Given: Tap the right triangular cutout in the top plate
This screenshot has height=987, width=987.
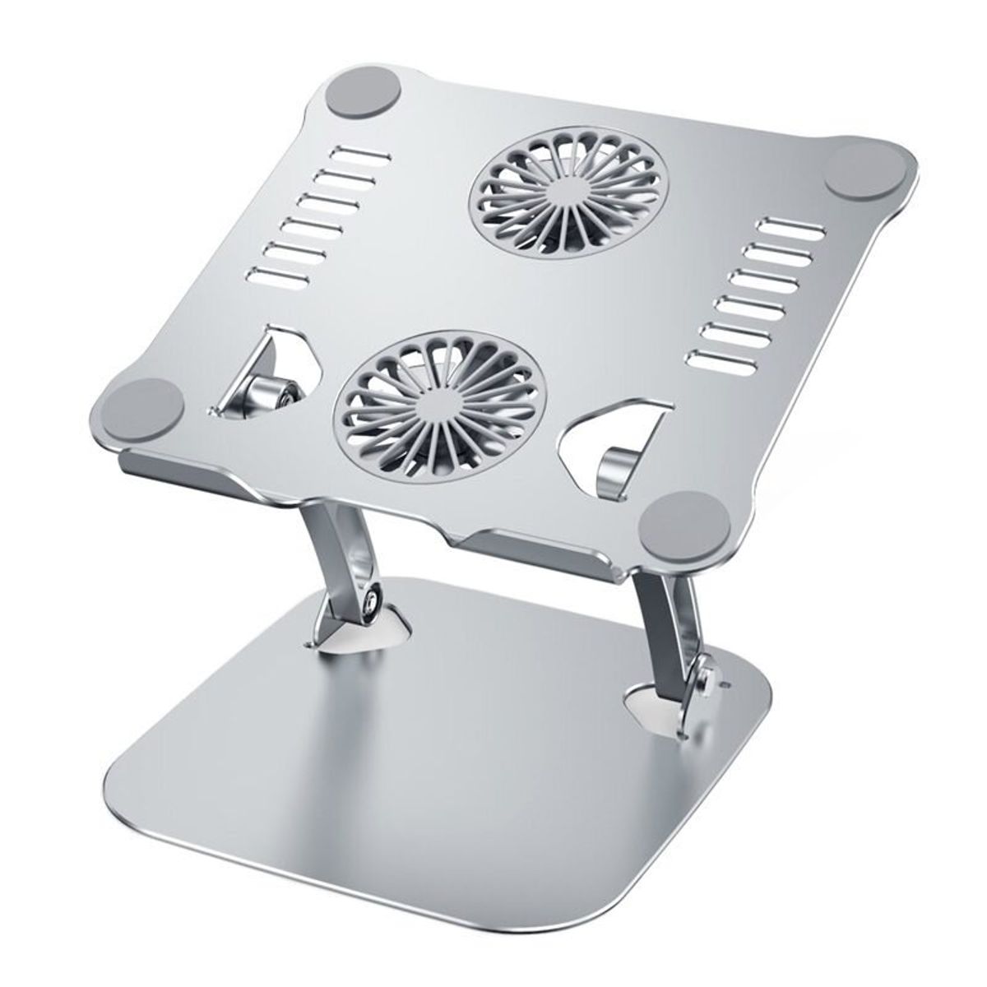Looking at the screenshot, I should [613, 448].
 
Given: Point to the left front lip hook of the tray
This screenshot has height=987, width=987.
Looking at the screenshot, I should [177, 473].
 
